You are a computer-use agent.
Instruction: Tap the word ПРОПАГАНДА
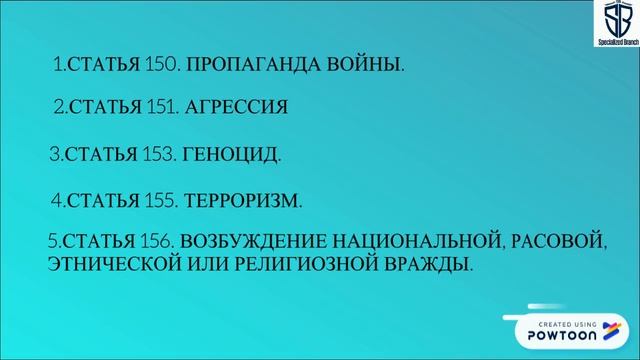click(x=234, y=64)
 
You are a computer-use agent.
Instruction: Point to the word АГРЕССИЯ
click(x=236, y=107)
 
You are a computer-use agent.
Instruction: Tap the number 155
click(x=162, y=200)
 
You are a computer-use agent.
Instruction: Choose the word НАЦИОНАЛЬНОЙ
click(x=414, y=241)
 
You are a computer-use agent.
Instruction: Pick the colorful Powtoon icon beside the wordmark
click(x=618, y=330)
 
